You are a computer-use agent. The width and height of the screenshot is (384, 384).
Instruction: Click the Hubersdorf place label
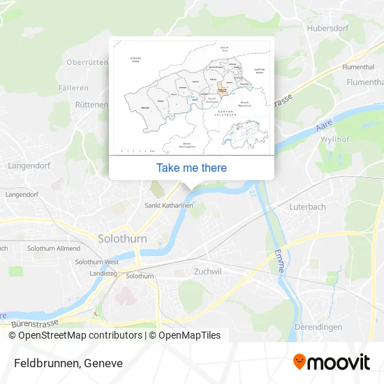[x=327, y=29]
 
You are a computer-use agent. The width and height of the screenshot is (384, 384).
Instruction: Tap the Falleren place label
[x=75, y=88]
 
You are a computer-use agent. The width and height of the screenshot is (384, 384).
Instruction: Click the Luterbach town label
[x=309, y=207]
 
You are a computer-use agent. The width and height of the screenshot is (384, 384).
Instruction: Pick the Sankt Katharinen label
[x=166, y=206]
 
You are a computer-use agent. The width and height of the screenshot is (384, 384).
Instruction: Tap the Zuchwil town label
[x=207, y=272]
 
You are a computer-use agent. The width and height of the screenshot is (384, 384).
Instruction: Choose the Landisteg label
[x=103, y=274]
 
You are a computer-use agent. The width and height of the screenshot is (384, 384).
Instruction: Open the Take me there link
[x=191, y=168]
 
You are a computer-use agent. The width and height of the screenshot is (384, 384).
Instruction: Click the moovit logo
[x=331, y=362]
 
